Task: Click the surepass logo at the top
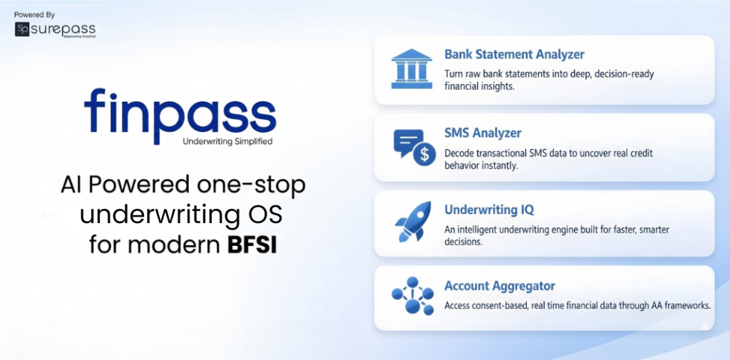(x=55, y=29)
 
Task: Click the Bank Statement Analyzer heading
(x=514, y=54)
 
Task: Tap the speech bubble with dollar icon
(x=414, y=147)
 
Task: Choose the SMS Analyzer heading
(x=483, y=133)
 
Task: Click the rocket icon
(x=413, y=222)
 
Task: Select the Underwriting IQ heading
(x=488, y=210)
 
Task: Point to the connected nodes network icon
(x=413, y=296)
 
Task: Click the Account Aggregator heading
(x=499, y=286)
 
